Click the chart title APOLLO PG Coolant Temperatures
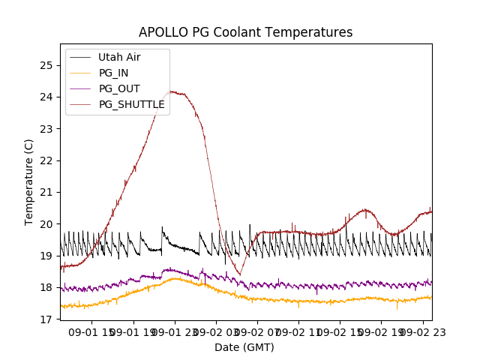[x=245, y=33]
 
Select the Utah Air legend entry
[x=119, y=57]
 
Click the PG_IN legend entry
[x=114, y=73]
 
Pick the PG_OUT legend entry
[x=119, y=88]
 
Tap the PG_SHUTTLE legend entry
[x=132, y=104]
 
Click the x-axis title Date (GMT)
[x=244, y=347]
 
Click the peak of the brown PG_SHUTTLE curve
[x=172, y=91]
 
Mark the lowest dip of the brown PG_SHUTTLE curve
[x=240, y=274]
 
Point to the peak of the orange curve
[x=176, y=278]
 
